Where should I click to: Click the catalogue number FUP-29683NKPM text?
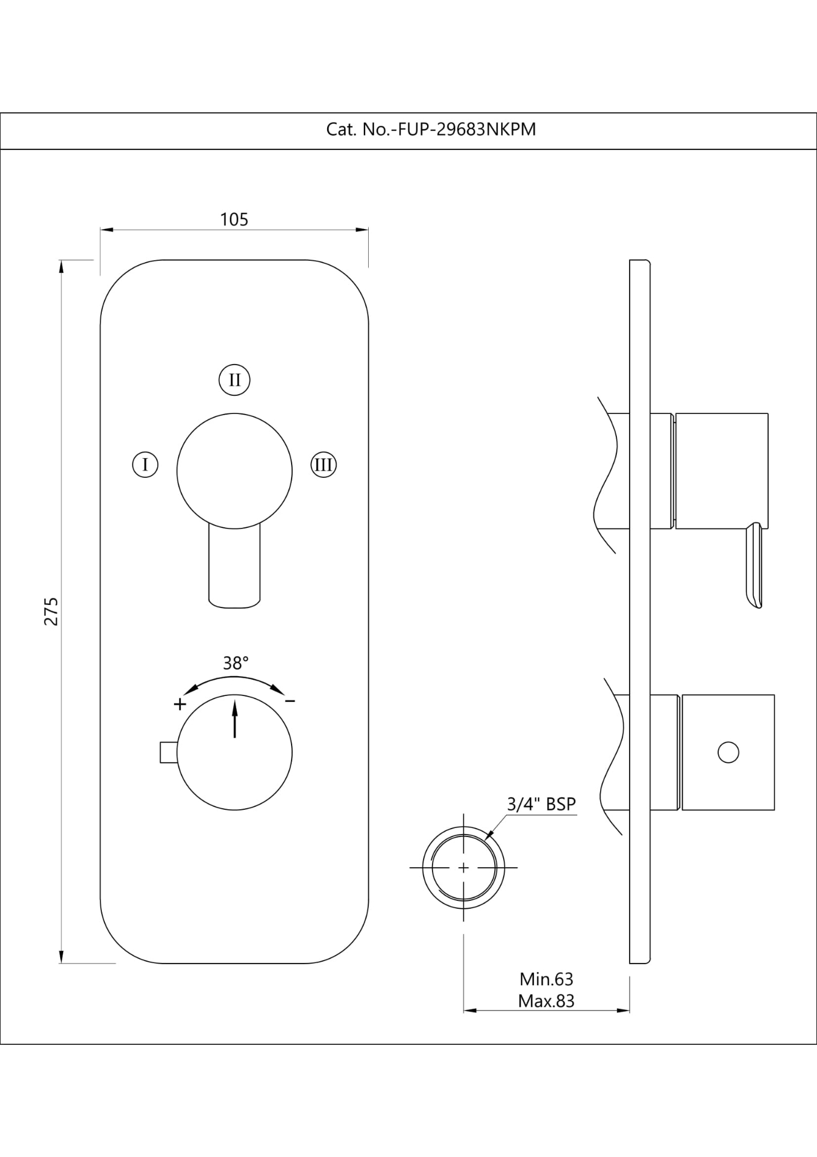tap(431, 130)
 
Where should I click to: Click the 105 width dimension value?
tap(234, 219)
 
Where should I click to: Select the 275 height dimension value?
tap(52, 611)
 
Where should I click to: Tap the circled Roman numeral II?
tap(234, 380)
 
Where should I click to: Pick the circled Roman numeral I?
tap(145, 465)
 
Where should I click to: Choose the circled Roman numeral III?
tap(324, 465)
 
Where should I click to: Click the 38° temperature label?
tap(236, 663)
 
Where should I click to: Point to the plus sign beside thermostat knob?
tap(180, 704)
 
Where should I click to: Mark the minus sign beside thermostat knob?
tap(290, 701)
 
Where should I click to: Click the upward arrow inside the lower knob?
tap(234, 717)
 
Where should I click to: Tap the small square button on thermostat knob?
tap(168, 753)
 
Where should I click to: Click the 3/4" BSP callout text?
tap(541, 804)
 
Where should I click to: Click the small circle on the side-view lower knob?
tap(728, 752)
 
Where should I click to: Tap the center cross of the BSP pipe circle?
tap(463, 868)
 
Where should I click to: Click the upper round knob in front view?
tap(234, 471)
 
